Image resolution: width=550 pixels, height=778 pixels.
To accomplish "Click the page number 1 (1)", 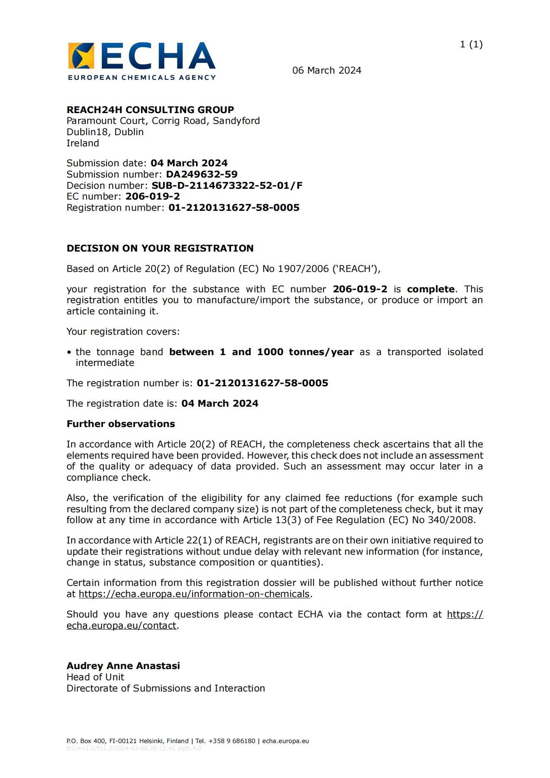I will click(x=471, y=44).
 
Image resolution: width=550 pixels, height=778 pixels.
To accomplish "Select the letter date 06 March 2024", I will click(x=327, y=70).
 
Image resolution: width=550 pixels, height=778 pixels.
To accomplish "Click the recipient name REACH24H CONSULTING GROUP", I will click(x=150, y=110).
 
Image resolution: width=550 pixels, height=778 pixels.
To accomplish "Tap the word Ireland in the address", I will click(x=83, y=143).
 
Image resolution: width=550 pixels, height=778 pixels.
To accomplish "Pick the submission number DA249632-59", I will click(x=202, y=174).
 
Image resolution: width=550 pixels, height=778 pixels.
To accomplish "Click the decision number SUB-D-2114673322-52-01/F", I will click(x=227, y=185).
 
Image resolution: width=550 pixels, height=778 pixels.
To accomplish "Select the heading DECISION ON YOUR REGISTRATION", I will click(x=160, y=248).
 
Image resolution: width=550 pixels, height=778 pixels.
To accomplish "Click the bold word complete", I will click(x=431, y=289).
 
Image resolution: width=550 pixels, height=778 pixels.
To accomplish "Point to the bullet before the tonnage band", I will click(x=69, y=352).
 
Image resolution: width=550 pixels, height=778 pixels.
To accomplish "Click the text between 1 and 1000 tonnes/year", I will click(x=261, y=352).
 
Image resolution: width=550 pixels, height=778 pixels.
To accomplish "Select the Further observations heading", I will click(x=121, y=424).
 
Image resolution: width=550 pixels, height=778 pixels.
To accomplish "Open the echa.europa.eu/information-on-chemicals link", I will click(x=194, y=594).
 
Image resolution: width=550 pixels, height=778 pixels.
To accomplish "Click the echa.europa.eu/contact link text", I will click(x=121, y=625).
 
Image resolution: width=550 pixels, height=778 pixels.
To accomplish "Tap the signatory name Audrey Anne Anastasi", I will click(x=123, y=666).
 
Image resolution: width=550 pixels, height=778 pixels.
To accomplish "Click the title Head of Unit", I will click(x=95, y=677).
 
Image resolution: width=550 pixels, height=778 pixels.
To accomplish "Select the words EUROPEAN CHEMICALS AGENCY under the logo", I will click(x=142, y=77).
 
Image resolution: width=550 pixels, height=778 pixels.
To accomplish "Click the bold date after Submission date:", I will click(x=189, y=163).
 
